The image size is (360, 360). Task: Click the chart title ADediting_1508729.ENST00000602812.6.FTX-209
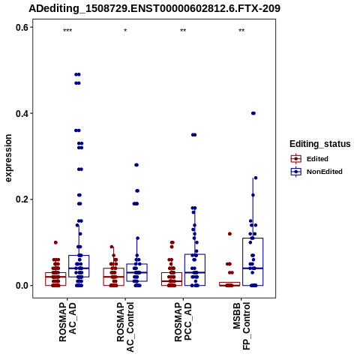(x=154, y=8)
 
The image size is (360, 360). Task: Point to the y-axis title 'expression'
(x=8, y=158)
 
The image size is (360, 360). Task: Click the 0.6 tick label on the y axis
(x=22, y=27)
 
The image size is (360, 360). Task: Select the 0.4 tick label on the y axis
(x=22, y=113)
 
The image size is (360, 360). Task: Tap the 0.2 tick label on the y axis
(x=22, y=199)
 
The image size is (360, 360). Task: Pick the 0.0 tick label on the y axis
(x=22, y=286)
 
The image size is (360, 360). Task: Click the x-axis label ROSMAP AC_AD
(x=67, y=322)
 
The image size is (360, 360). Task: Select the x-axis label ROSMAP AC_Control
(x=125, y=327)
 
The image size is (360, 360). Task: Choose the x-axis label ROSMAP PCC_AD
(x=183, y=322)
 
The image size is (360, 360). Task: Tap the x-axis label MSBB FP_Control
(x=241, y=325)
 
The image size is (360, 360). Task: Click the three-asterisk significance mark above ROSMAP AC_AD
(x=67, y=31)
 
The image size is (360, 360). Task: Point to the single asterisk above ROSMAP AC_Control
(x=125, y=31)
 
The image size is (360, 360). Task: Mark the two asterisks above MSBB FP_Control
(x=241, y=31)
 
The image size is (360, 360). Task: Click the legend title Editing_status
(x=320, y=144)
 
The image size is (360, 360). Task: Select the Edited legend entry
(x=310, y=159)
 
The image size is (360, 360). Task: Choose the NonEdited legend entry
(x=316, y=172)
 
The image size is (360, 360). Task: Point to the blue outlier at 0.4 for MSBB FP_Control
(x=253, y=113)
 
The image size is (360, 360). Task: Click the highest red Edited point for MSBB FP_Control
(x=229, y=234)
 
